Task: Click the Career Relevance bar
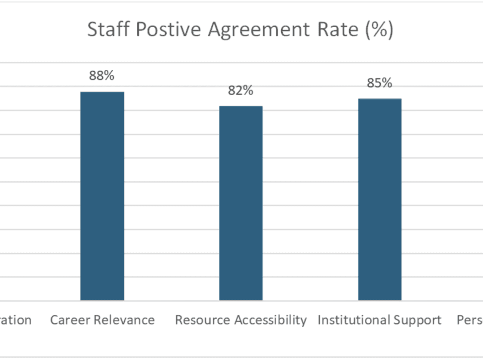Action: tap(102, 196)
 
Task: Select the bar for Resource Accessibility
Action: tap(240, 203)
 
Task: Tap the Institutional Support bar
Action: tap(379, 200)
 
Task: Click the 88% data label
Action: tap(102, 76)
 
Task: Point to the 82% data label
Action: tap(240, 90)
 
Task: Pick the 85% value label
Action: tap(379, 83)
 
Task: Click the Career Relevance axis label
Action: tap(102, 320)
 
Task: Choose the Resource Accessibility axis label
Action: tap(240, 320)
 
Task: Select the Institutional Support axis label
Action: tap(379, 320)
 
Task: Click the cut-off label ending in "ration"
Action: tap(16, 320)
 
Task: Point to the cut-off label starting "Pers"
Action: tap(469, 320)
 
